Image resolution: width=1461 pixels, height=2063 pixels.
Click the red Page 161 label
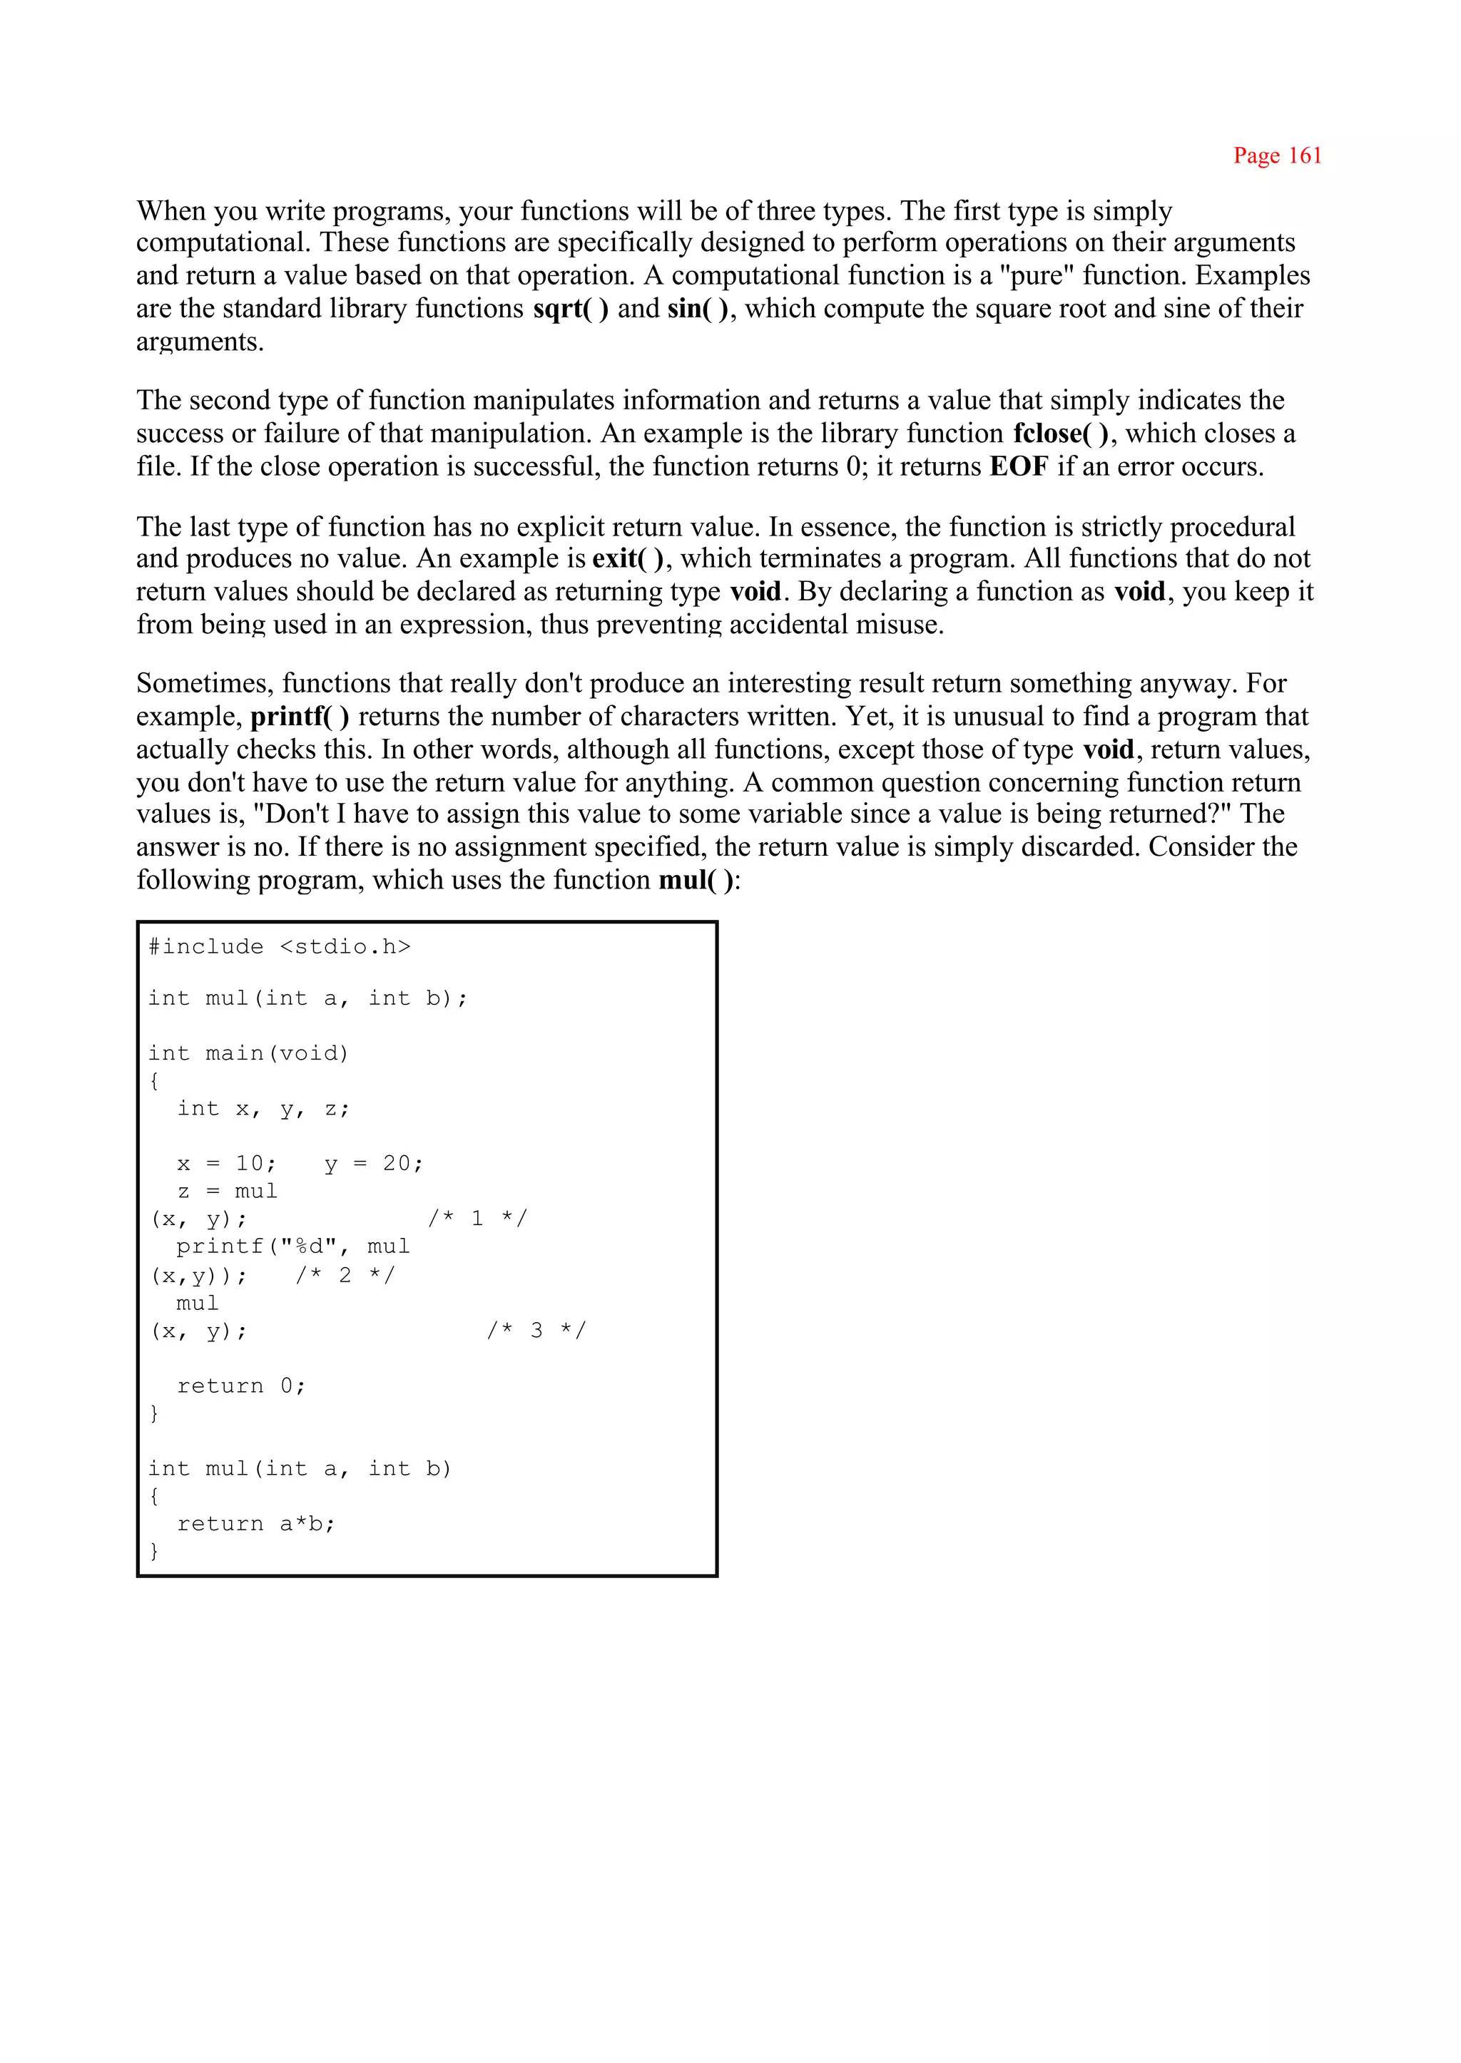click(1276, 155)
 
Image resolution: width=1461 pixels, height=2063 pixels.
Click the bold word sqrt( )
click(571, 309)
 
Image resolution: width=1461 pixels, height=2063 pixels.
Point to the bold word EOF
click(1019, 467)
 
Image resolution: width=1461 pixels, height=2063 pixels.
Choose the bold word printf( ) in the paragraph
click(300, 717)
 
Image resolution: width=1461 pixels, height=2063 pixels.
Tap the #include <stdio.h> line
click(279, 947)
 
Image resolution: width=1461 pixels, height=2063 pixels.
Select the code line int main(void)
click(248, 1053)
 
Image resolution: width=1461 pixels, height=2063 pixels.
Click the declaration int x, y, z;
click(263, 1109)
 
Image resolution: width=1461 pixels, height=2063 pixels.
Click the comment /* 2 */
click(345, 1275)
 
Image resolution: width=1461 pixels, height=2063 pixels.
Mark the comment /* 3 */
click(536, 1330)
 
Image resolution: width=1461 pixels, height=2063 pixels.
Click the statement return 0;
click(241, 1386)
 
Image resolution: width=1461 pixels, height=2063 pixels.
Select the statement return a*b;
click(255, 1523)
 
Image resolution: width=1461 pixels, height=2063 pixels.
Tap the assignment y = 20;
click(373, 1164)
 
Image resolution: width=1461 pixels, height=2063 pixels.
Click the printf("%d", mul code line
click(292, 1246)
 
